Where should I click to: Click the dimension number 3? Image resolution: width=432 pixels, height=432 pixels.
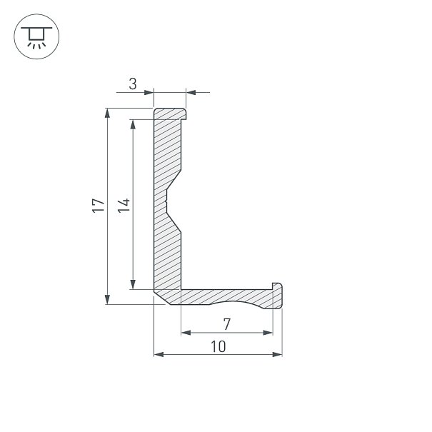click(133, 84)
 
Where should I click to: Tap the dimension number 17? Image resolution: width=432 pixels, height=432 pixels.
click(99, 205)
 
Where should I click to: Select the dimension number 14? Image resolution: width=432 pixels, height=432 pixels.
click(124, 205)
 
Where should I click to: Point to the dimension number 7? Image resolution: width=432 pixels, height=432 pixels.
click(226, 324)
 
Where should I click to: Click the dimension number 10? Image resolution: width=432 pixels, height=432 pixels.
click(218, 346)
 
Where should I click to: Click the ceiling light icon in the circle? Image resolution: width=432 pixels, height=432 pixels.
click(36, 38)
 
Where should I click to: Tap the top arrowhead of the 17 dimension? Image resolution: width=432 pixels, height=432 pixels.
click(107, 114)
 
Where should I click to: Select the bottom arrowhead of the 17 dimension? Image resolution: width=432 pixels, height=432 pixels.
click(107, 299)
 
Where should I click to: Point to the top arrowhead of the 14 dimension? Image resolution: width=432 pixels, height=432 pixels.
click(133, 124)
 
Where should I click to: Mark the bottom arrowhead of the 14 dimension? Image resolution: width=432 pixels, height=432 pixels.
click(133, 284)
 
